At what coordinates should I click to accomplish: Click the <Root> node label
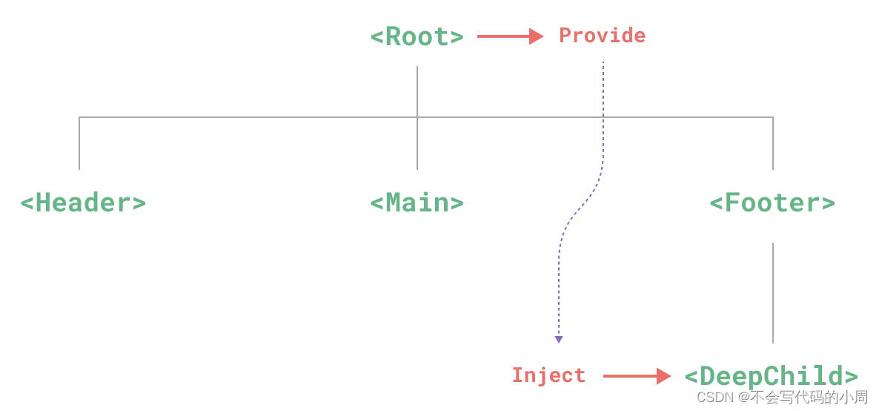pyautogui.click(x=417, y=36)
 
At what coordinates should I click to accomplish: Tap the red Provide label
pyautogui.click(x=602, y=36)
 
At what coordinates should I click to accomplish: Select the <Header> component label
pyautogui.click(x=83, y=203)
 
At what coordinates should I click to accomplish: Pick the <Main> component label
pyautogui.click(x=417, y=203)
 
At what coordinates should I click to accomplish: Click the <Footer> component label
pyautogui.click(x=772, y=203)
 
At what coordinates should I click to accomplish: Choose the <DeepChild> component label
pyautogui.click(x=771, y=375)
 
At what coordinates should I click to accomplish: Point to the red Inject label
pyautogui.click(x=548, y=375)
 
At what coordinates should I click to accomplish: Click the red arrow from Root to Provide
pyautogui.click(x=510, y=36)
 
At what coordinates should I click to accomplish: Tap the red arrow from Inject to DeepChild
pyautogui.click(x=637, y=376)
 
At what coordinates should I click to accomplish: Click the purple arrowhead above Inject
pyautogui.click(x=559, y=339)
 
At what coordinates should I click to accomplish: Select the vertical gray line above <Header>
pyautogui.click(x=79, y=143)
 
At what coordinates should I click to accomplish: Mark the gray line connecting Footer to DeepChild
pyautogui.click(x=773, y=292)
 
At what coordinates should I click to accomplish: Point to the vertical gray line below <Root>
pyautogui.click(x=417, y=91)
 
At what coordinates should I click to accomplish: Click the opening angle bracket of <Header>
pyautogui.click(x=27, y=203)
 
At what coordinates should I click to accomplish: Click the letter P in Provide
pyautogui.click(x=565, y=36)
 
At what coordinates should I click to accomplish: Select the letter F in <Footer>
pyautogui.click(x=732, y=202)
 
